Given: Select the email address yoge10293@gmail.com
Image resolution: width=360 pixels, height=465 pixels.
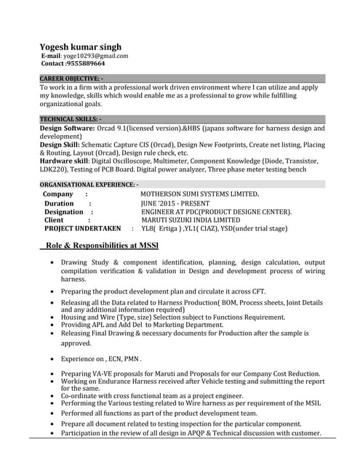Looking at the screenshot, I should pos(96,55).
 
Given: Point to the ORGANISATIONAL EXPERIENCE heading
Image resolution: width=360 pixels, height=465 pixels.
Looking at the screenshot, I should pos(89,185).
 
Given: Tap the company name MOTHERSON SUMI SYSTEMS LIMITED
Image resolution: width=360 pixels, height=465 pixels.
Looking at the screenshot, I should pos(200,195).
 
